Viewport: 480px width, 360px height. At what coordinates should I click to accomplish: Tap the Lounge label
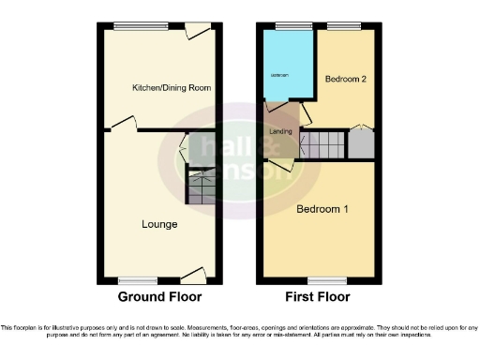tap(159, 225)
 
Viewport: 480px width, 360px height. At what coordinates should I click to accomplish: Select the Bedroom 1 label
tap(322, 209)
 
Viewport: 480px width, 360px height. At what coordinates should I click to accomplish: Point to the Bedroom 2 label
tap(344, 80)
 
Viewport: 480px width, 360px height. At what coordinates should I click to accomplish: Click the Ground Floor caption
tap(159, 297)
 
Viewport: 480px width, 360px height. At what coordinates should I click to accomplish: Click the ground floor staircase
tap(201, 187)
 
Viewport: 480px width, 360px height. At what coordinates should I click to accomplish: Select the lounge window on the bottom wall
tap(138, 280)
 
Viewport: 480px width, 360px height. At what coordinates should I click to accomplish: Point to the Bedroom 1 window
tap(322, 280)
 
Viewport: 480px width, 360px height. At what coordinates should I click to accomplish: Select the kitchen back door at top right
tap(197, 33)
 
